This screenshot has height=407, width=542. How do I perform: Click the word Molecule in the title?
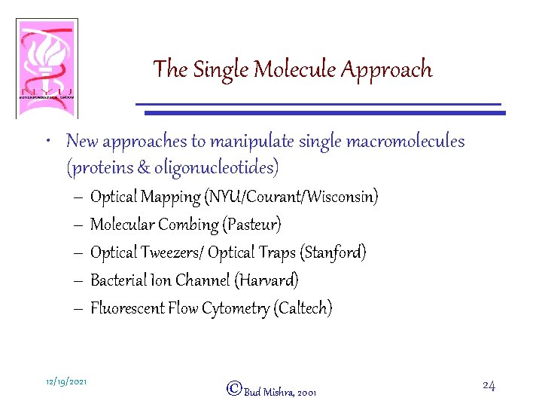[x=296, y=70]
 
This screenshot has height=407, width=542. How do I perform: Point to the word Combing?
[x=191, y=225]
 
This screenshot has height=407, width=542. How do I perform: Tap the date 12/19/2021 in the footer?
[x=66, y=382]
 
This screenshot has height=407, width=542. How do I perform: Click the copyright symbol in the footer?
[x=233, y=389]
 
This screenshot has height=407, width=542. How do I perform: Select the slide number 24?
[x=488, y=386]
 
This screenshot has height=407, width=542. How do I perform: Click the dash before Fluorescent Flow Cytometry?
[x=80, y=308]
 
